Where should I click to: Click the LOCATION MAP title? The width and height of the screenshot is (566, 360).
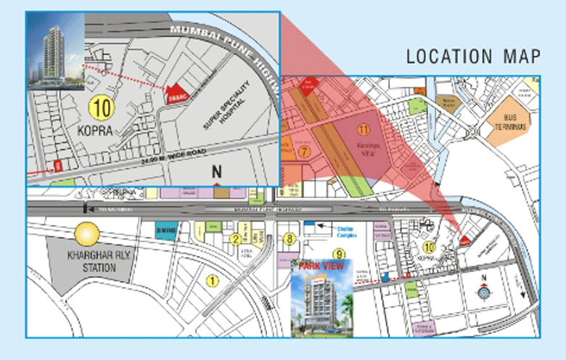tap(472, 56)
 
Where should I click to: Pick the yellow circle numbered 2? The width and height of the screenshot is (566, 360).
tap(236, 239)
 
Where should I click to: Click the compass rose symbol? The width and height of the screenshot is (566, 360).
tap(484, 292)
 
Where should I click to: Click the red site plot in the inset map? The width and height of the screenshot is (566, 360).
tap(175, 95)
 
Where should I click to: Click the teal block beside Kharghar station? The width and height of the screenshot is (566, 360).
tap(166, 229)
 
